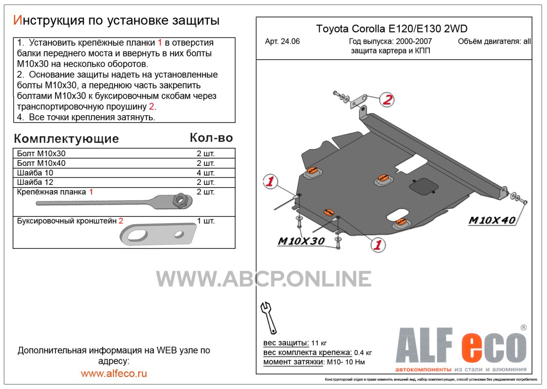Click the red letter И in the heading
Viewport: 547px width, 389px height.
pos(17,20)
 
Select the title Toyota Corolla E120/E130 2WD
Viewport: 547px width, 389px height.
pos(391,29)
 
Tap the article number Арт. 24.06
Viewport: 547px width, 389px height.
pos(282,41)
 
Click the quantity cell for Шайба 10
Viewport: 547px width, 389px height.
pos(205,173)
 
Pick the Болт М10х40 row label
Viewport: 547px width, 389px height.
pos(41,163)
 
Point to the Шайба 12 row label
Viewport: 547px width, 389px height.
pos(35,182)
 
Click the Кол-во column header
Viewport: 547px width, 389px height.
pos(211,138)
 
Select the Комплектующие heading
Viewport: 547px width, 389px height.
pos(66,139)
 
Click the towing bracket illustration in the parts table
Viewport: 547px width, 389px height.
pos(158,233)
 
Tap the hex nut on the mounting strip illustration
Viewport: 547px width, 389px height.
pos(182,200)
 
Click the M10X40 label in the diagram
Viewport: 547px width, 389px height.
pos(492,220)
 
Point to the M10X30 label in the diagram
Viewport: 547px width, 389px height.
pos(301,241)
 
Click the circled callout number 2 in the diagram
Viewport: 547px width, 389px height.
pos(387,100)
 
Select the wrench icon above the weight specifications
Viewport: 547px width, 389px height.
pos(269,318)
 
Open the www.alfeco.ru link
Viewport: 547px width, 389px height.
pos(114,373)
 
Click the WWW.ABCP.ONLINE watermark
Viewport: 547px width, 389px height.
pos(263,279)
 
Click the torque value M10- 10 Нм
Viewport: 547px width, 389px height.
pos(346,362)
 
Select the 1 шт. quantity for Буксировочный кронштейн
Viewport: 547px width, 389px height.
pos(205,221)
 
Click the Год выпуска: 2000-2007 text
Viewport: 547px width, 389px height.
pos(390,41)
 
